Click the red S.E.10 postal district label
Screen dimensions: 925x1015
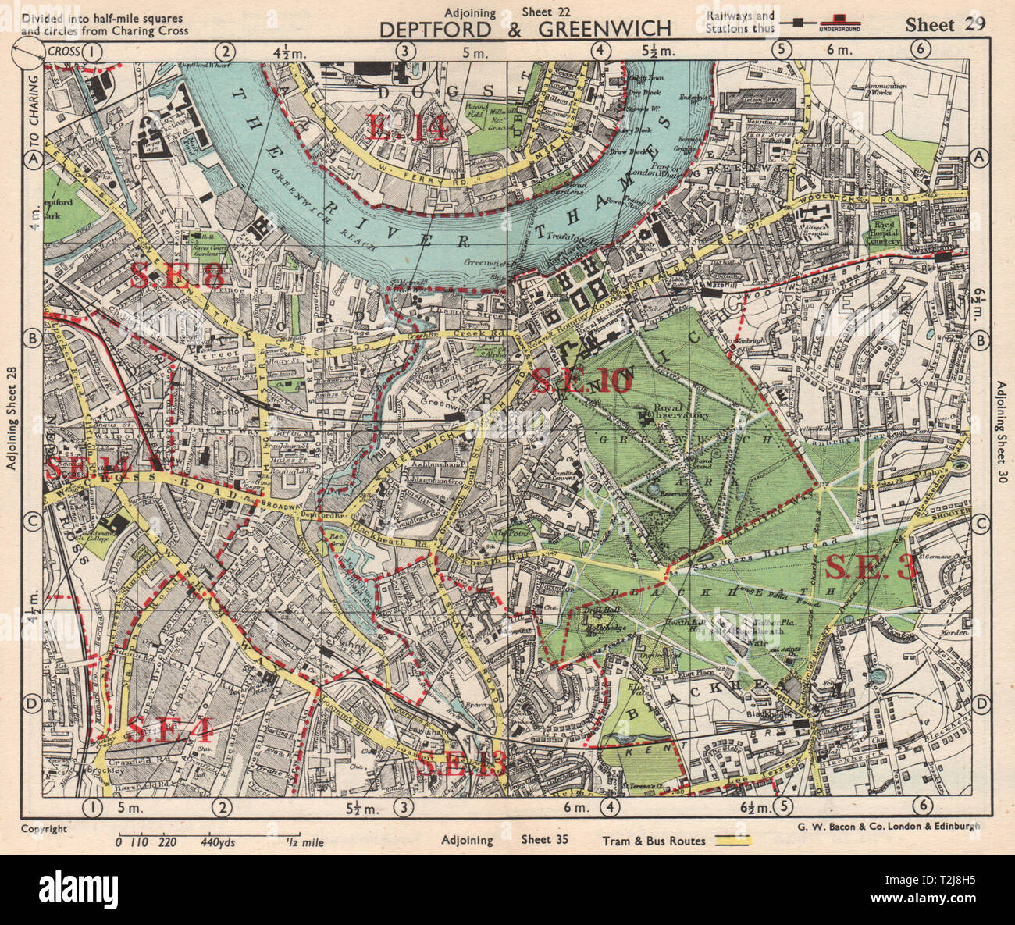point(581,381)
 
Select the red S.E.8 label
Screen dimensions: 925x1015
point(179,276)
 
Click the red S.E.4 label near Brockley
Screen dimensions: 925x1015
point(168,731)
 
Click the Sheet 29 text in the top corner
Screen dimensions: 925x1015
point(945,23)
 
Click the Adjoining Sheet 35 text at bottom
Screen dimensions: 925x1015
point(504,841)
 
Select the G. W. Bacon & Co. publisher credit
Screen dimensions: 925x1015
point(885,827)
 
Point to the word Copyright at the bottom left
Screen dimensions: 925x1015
point(44,829)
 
